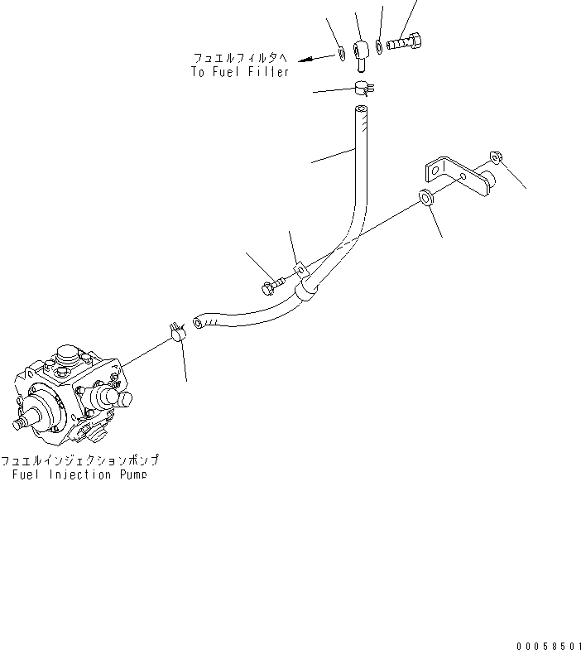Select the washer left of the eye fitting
click(342, 55)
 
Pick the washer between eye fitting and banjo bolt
click(378, 45)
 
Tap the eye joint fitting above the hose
click(360, 47)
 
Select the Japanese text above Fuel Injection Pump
click(79, 460)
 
